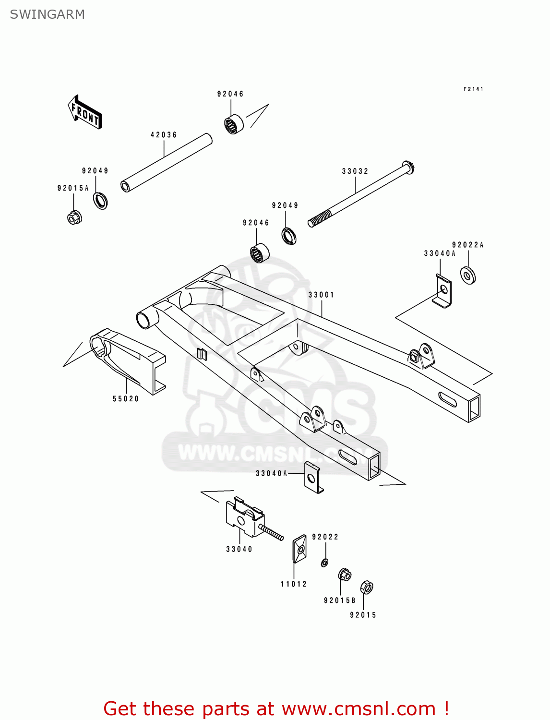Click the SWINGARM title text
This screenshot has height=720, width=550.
click(47, 14)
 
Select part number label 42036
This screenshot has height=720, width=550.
click(164, 135)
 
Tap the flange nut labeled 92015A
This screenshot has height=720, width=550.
click(74, 217)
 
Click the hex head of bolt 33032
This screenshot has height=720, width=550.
click(408, 168)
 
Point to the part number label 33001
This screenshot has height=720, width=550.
click(321, 295)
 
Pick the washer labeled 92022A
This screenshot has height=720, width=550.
click(468, 276)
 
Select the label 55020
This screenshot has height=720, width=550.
click(126, 399)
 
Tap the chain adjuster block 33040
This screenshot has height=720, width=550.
click(245, 517)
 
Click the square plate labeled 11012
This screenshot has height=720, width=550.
click(299, 548)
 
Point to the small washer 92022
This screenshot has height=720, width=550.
click(325, 562)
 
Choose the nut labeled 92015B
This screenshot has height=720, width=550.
click(345, 575)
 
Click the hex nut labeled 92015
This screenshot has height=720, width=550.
click(366, 587)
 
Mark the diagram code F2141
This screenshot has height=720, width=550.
click(473, 89)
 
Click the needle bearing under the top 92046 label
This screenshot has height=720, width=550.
click(234, 124)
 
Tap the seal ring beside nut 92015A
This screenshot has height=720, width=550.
click(100, 200)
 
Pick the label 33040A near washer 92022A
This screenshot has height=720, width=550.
click(439, 253)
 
